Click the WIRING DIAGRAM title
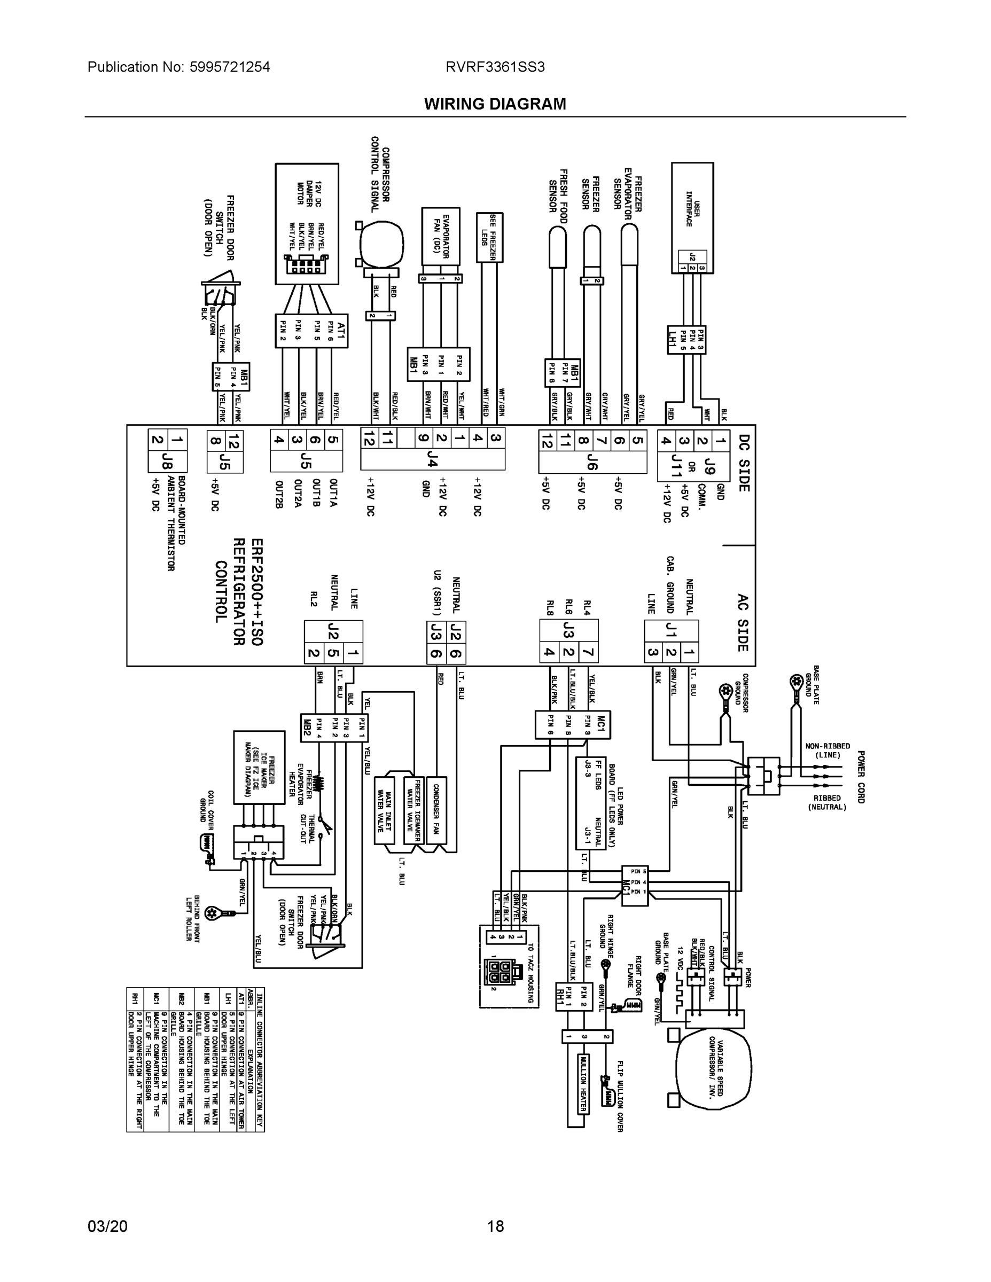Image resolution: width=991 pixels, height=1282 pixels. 495,104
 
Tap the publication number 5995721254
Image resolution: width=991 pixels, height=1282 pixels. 230,67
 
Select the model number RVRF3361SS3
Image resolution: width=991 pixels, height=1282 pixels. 495,67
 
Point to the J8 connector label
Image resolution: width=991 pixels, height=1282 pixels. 178,461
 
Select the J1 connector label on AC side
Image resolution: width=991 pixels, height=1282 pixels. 671,630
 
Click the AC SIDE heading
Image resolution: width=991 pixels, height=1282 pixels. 742,622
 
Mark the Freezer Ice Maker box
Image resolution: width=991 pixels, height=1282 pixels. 259,767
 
